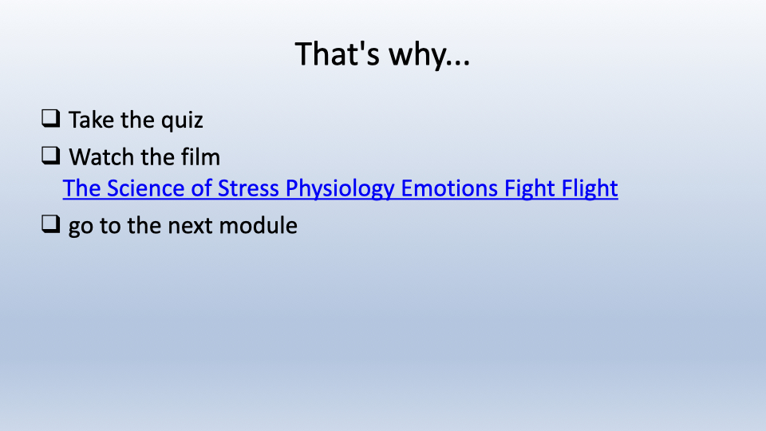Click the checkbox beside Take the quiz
tap(51, 119)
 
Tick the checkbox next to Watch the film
tap(51, 156)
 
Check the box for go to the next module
tap(51, 224)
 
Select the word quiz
tap(182, 121)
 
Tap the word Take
tap(91, 120)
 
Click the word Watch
tap(101, 157)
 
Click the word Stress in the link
tap(248, 188)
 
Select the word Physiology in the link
tap(340, 190)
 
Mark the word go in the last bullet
tap(81, 227)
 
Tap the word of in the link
tap(201, 188)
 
